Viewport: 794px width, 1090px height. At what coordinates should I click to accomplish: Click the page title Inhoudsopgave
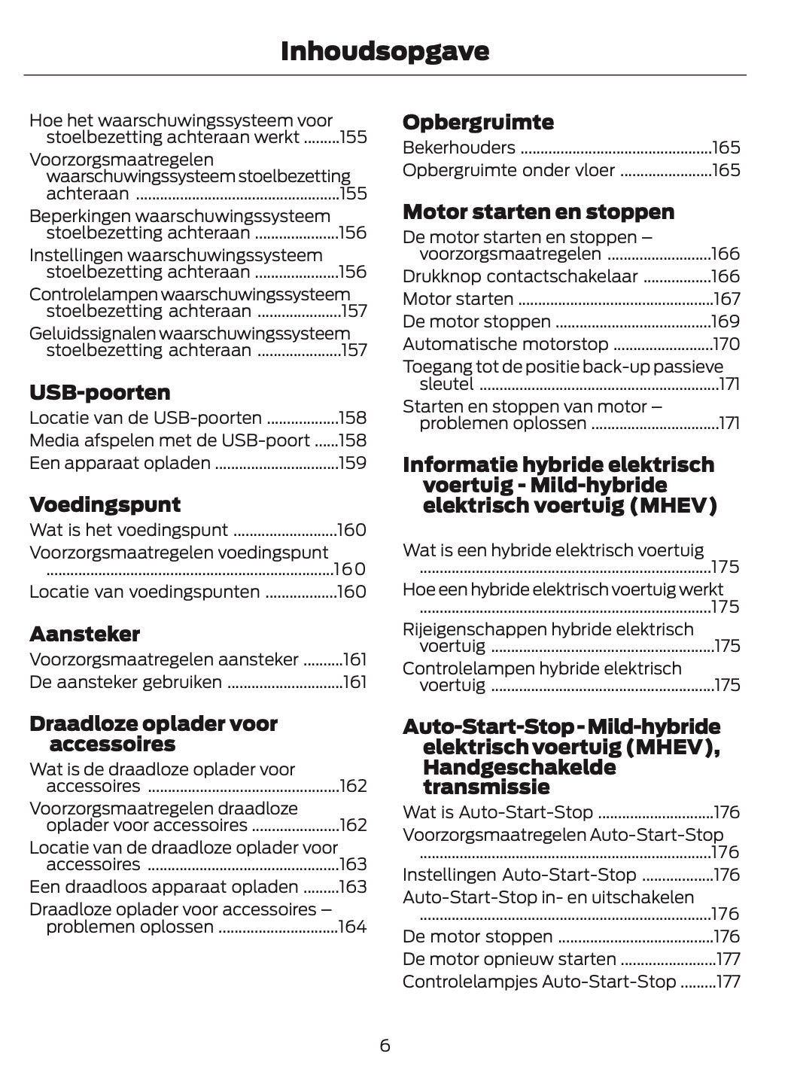click(x=385, y=51)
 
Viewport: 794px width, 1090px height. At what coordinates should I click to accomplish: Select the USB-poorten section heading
click(x=99, y=392)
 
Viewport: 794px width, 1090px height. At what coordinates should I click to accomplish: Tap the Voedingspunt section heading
click(x=105, y=504)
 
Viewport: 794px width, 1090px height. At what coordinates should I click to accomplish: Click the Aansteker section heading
click(x=84, y=634)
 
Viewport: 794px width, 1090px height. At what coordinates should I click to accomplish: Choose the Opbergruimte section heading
click(x=478, y=122)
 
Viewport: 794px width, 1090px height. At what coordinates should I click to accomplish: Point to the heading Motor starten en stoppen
click(x=538, y=212)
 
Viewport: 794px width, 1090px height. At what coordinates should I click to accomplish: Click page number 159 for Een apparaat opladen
click(x=352, y=463)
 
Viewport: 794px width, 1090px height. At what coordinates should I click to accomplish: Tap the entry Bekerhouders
click(x=459, y=148)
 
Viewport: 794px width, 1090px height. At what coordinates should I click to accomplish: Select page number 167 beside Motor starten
click(x=726, y=299)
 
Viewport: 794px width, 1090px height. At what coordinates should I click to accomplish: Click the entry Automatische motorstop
click(x=505, y=344)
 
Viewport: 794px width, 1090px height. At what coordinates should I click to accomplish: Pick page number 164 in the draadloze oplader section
click(x=352, y=927)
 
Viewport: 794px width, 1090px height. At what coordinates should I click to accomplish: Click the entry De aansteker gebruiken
click(x=126, y=682)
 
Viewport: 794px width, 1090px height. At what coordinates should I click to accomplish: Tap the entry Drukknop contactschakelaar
click(x=520, y=276)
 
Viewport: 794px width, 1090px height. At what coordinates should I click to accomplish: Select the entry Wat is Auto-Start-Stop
click(x=497, y=812)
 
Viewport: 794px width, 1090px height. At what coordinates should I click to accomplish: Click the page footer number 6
click(x=385, y=1045)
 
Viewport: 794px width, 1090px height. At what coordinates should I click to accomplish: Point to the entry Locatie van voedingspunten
click(x=145, y=592)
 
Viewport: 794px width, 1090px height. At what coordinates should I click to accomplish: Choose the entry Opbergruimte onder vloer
click(x=509, y=170)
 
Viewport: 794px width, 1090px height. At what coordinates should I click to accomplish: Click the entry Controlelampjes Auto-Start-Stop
click(x=539, y=981)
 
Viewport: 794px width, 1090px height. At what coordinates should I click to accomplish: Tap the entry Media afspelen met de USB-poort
click(x=169, y=440)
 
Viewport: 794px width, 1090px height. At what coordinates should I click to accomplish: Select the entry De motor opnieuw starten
click(x=510, y=958)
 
